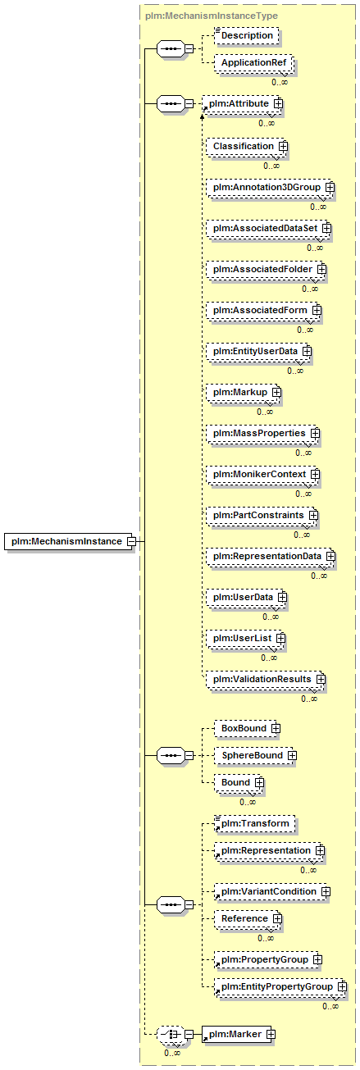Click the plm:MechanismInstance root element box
point(68,541)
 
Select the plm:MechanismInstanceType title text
point(211,16)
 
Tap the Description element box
point(246,36)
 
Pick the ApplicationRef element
point(253,63)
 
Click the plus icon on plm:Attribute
point(278,103)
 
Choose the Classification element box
point(246,147)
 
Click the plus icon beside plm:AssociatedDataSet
point(326,228)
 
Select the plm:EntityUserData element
point(258,352)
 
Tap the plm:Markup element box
point(243,393)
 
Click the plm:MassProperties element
point(262,434)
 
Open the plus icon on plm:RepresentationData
point(330,557)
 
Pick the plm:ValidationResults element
point(265,680)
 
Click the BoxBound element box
point(246,728)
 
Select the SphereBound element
point(254,756)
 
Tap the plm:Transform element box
point(254,824)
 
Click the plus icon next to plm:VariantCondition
point(326,892)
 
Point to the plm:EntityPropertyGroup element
point(280,987)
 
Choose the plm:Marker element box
point(236,1035)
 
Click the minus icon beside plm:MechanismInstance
point(131,542)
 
